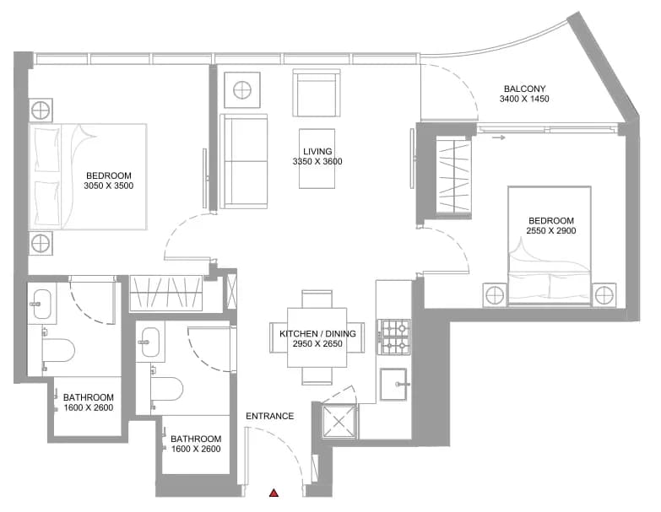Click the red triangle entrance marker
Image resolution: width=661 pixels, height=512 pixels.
[274, 493]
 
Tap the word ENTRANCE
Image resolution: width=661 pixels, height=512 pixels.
[270, 416]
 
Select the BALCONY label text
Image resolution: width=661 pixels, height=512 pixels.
[524, 89]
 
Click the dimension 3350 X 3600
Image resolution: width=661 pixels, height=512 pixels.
[317, 161]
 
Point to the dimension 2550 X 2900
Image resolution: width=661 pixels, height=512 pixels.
[551, 230]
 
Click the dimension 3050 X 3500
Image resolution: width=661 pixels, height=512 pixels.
[108, 186]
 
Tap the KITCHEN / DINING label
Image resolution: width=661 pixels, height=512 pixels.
[317, 333]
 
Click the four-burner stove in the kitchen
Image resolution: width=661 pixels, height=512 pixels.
[393, 337]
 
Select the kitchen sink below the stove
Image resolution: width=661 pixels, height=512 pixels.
[393, 384]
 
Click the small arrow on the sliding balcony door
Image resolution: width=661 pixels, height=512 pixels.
[499, 137]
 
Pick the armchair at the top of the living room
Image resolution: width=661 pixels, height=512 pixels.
[317, 93]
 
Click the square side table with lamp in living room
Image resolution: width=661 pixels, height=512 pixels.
[242, 90]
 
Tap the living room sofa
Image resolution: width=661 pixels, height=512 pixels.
[244, 161]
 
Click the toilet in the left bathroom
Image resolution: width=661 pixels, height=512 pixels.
[58, 350]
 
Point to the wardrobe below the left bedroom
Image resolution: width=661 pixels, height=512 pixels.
[165, 293]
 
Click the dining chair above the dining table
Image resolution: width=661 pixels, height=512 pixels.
[317, 299]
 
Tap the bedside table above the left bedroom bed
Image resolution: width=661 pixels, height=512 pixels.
[41, 110]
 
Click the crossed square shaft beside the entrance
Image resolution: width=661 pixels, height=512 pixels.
[339, 421]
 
